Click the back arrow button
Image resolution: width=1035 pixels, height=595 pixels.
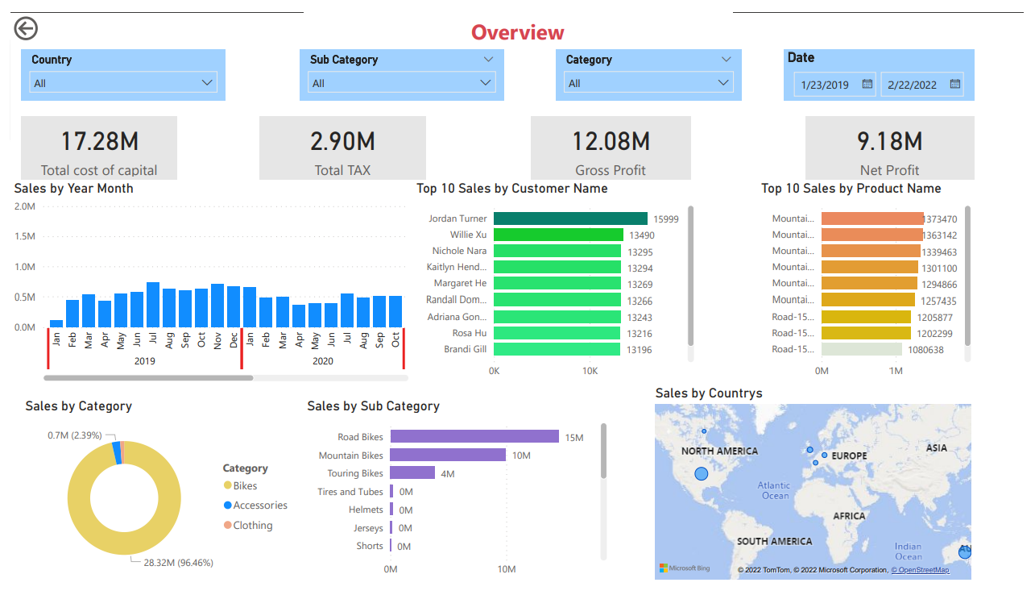pos(26,29)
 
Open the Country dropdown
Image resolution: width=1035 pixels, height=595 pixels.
pos(123,83)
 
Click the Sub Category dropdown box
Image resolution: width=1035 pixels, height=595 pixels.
pos(401,83)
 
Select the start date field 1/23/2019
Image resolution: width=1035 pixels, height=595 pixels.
pos(834,84)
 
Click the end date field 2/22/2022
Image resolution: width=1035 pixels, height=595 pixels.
pos(921,84)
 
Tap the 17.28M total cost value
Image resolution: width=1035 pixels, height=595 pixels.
pos(100,141)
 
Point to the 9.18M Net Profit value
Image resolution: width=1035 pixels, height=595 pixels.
pos(889,141)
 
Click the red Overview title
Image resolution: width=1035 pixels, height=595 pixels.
pos(517,32)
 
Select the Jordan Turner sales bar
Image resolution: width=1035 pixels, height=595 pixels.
pos(570,218)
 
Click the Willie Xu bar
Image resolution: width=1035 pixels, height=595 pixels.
pos(558,235)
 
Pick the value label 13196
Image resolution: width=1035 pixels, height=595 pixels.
pos(640,350)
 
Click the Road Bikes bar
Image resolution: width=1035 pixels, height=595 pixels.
pos(474,436)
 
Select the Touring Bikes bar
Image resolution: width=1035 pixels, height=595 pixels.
pos(412,473)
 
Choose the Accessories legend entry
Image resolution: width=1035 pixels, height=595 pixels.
pos(259,506)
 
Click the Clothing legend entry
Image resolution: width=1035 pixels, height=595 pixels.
pos(252,526)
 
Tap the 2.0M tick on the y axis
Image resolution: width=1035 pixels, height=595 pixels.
pos(24,206)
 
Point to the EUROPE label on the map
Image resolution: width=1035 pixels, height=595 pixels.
pos(849,456)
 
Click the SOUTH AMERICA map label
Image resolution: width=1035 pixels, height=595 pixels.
pos(774,541)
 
